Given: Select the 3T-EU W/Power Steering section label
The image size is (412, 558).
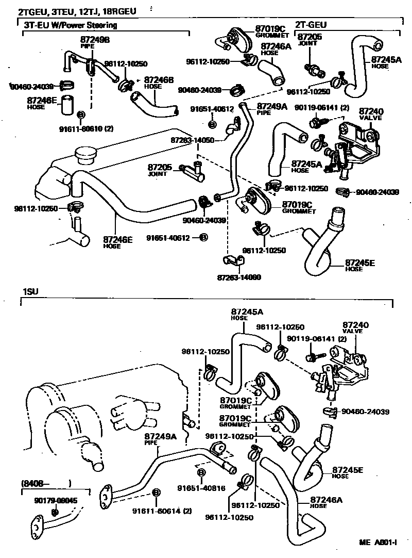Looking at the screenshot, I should [x=70, y=25].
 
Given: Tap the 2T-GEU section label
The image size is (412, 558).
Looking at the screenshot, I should [x=311, y=24].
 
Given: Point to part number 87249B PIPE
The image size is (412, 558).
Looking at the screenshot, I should [x=94, y=41].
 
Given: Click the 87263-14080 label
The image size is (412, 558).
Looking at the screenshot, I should [x=239, y=277].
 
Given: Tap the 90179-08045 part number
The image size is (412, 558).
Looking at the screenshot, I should [x=56, y=500].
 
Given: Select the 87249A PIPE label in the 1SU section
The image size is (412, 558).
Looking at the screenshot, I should [x=160, y=439].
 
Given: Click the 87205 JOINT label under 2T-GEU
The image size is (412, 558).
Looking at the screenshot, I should [x=310, y=39].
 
